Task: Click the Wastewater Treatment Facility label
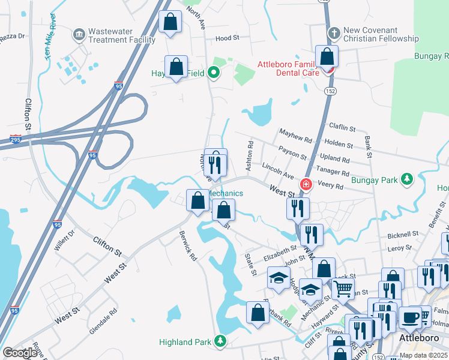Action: [x=121, y=35]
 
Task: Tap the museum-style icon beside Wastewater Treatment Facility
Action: [x=79, y=35]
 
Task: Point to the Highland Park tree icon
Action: [x=221, y=342]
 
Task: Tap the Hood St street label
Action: [x=227, y=38]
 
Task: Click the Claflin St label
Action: [x=342, y=127]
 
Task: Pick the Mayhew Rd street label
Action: [x=295, y=136]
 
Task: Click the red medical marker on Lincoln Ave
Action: [x=306, y=184]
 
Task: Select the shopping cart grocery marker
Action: [x=342, y=289]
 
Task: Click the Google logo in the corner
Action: [x=20, y=353]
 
